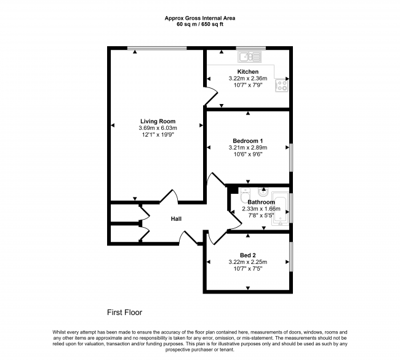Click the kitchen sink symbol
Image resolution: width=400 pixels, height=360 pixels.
(x=249, y=57)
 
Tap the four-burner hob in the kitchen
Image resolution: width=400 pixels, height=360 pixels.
(x=282, y=85)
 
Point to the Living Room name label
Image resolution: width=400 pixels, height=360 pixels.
(x=158, y=121)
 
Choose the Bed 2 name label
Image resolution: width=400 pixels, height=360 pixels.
(x=249, y=255)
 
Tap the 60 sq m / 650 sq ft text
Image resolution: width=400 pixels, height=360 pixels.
(x=199, y=25)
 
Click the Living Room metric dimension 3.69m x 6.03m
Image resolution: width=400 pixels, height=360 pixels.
(x=158, y=128)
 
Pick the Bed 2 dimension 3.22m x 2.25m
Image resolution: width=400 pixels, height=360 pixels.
(x=248, y=262)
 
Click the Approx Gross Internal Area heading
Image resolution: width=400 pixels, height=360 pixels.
(x=199, y=18)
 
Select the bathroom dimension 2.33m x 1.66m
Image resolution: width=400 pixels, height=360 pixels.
(x=261, y=209)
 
